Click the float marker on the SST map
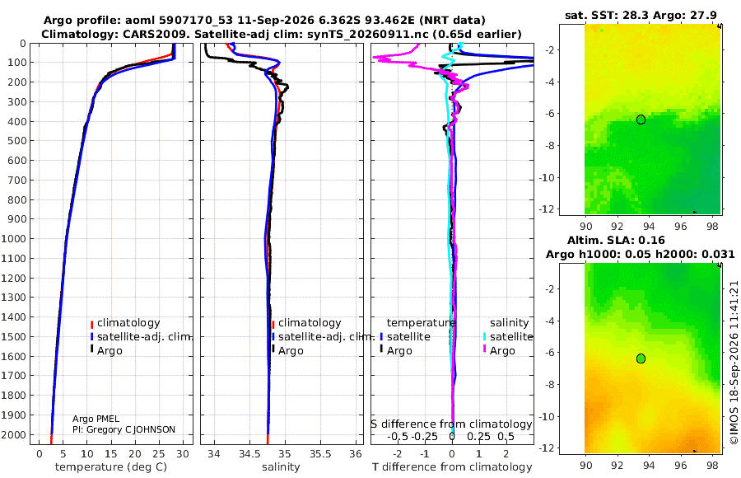tap(641, 119)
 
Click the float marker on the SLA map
tap(641, 358)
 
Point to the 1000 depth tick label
tap(14, 238)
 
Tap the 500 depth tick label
tap(17, 141)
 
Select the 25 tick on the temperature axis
tap(159, 454)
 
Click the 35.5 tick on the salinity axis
tap(320, 454)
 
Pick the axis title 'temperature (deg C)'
tap(111, 467)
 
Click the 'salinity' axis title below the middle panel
tap(281, 467)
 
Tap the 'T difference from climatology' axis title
tap(452, 467)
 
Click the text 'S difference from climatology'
tap(451, 424)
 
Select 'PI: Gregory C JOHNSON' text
tap(123, 429)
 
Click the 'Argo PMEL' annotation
tap(96, 419)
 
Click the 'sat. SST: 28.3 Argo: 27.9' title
tap(641, 15)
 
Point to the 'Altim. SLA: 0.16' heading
tap(616, 240)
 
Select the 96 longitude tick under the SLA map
tap(681, 465)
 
